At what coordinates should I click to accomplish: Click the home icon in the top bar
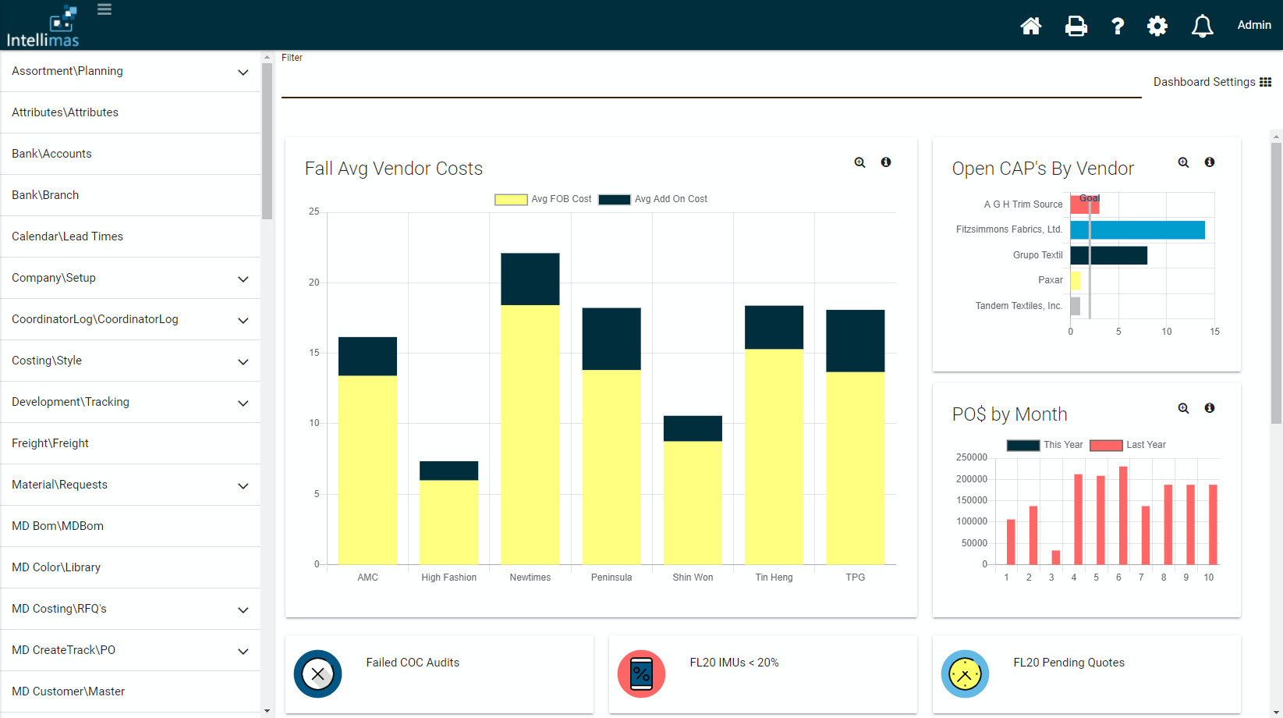(1031, 26)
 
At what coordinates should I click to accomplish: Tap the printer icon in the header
(1076, 26)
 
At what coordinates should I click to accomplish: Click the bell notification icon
(1202, 26)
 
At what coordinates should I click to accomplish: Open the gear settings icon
(1157, 26)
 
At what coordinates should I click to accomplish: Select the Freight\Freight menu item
(51, 443)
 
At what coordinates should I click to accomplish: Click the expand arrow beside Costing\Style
(243, 361)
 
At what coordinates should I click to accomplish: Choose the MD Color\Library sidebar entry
(56, 567)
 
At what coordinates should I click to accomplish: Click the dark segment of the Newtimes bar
(530, 279)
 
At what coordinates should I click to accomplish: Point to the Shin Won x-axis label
(693, 578)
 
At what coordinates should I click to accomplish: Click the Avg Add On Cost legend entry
(654, 199)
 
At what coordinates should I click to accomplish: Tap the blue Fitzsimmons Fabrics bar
(1137, 229)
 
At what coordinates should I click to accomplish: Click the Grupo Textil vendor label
(1037, 255)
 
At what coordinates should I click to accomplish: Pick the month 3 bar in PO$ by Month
(1055, 557)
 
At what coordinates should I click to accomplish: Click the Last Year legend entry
(1128, 445)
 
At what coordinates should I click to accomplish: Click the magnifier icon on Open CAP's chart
(1183, 162)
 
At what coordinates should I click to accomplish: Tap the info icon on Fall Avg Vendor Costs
(886, 162)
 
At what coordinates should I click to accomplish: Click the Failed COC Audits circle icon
(318, 674)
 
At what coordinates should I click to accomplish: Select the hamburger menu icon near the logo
(105, 9)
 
